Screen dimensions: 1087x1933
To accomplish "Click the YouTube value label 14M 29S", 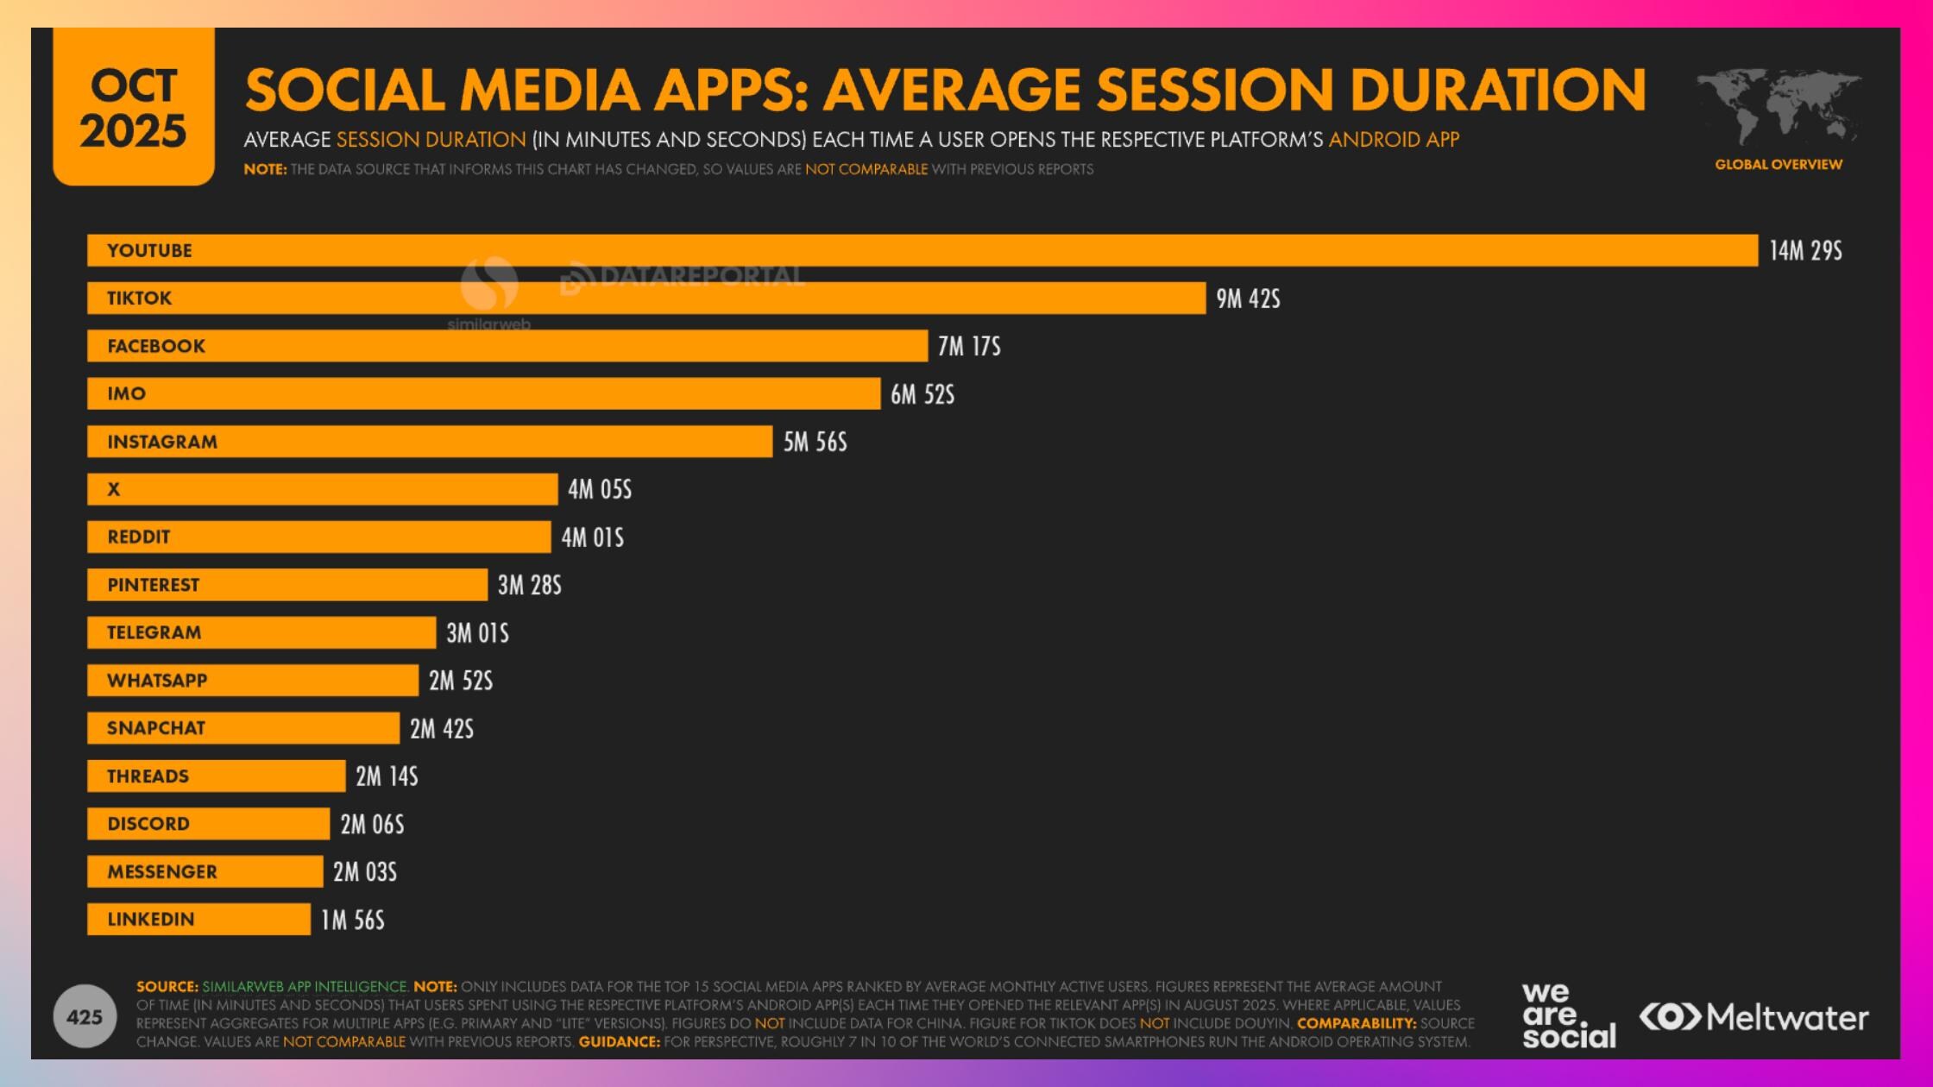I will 1805,251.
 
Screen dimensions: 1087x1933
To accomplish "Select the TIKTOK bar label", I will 139,298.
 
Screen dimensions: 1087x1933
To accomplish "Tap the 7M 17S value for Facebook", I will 969,347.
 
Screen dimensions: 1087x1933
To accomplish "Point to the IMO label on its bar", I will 126,394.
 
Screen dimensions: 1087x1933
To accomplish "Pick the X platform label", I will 113,489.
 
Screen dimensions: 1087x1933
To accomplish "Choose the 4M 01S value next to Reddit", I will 592,537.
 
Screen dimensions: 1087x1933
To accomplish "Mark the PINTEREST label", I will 153,585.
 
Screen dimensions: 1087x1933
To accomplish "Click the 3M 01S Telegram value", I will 477,633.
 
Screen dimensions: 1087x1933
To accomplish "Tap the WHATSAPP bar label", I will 157,681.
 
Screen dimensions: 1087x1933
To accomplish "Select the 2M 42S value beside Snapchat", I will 441,729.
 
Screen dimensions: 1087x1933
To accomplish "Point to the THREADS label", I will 148,776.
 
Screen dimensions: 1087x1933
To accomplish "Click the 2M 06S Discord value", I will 372,825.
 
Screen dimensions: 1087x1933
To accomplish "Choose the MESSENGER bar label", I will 162,872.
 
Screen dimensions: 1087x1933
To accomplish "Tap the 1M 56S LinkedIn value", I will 352,920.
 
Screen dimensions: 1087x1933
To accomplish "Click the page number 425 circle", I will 85,1016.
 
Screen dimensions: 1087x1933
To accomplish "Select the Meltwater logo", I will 1754,1017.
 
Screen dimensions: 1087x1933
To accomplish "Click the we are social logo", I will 1568,1015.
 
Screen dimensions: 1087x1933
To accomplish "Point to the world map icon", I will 1778,108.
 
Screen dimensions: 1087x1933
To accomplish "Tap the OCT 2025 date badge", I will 134,108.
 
